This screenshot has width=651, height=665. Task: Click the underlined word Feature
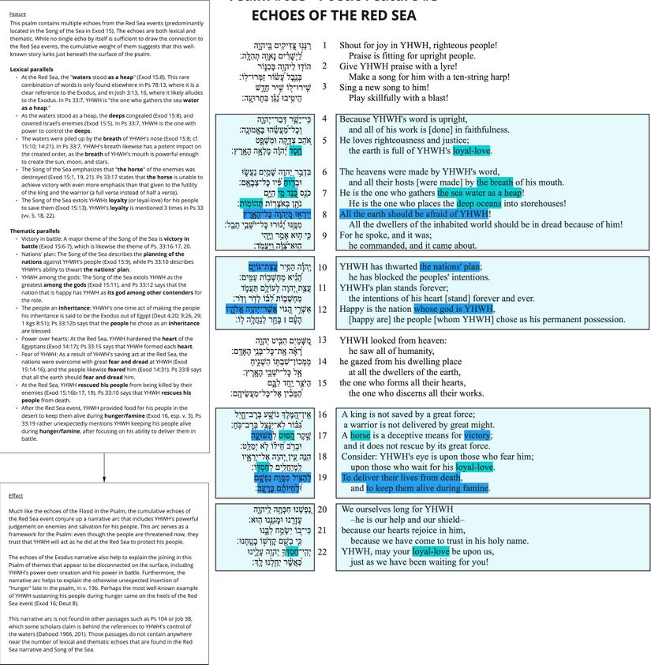tap(17, 14)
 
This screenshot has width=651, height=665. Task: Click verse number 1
tap(324, 45)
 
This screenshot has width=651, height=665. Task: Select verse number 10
tap(323, 267)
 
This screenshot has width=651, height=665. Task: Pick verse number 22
tap(323, 551)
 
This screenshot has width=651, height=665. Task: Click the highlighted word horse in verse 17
tap(360, 435)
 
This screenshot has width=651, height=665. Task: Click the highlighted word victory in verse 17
tap(477, 435)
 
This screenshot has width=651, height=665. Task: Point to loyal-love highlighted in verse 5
tap(471, 150)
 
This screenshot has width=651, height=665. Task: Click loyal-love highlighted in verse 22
tap(431, 551)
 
